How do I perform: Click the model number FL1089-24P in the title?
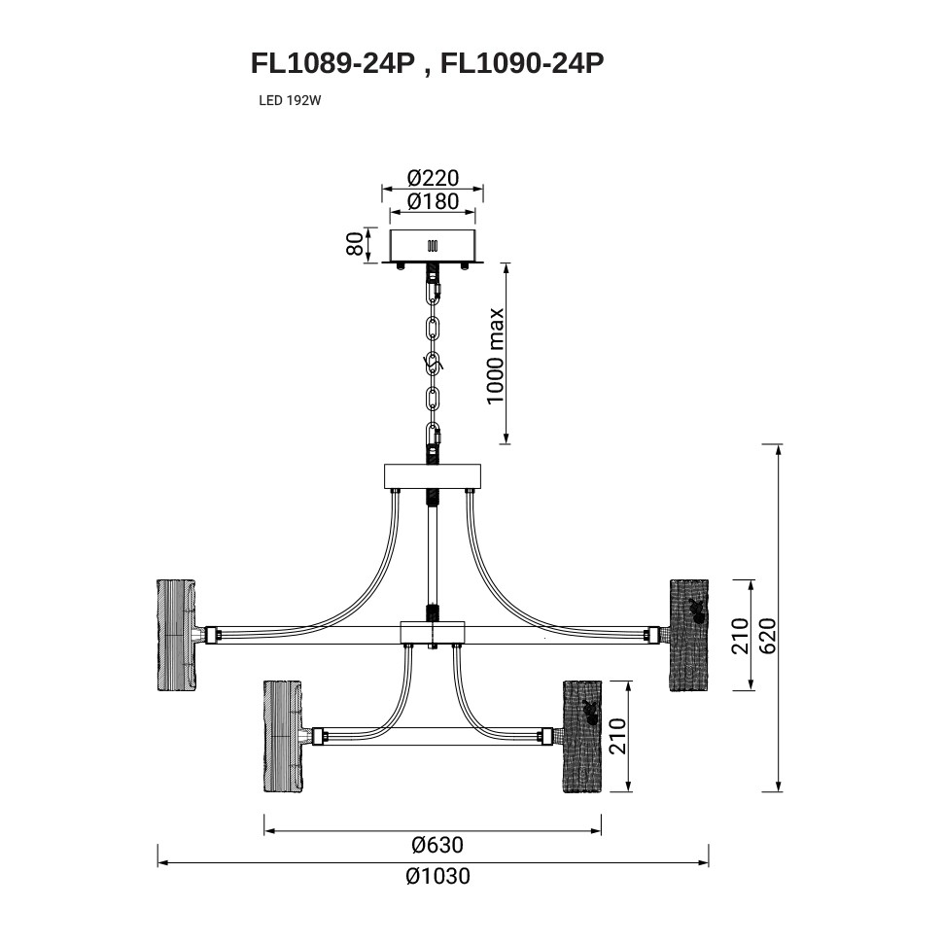click(333, 63)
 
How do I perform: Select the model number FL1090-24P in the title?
click(522, 63)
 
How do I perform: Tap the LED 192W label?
click(290, 101)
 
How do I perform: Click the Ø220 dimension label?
click(433, 178)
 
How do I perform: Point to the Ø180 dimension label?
click(433, 201)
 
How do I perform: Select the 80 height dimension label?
click(356, 244)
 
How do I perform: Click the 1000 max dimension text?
click(495, 357)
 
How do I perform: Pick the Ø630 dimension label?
click(437, 845)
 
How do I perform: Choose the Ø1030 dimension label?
click(437, 876)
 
